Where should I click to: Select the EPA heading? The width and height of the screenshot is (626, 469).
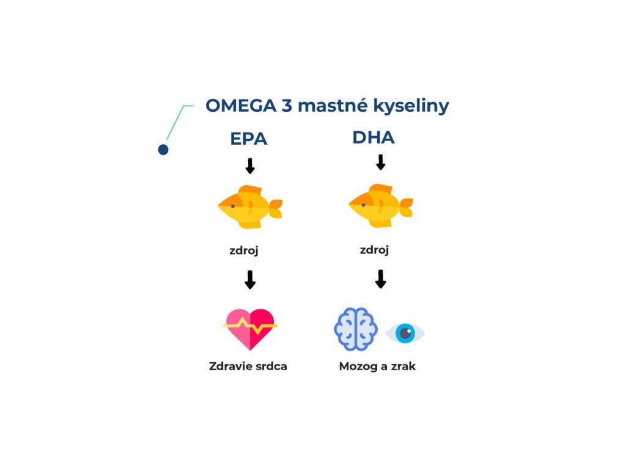coord(249,139)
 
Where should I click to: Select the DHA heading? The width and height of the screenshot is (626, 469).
coord(374,137)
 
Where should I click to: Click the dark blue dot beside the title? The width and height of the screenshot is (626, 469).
coord(163,150)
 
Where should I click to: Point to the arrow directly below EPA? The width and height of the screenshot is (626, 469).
coord(249,165)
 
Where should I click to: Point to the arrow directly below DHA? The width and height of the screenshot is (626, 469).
coord(380,162)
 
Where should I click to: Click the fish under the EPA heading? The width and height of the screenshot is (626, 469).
coord(250,206)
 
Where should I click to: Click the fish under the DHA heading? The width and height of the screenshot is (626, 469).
coord(380,205)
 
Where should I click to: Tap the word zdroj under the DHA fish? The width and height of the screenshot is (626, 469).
coord(375,250)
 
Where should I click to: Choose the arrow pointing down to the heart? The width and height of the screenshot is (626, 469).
coord(249,280)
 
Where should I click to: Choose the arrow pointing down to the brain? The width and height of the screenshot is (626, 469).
coord(380,279)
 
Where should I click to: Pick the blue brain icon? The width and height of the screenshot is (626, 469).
coord(355,329)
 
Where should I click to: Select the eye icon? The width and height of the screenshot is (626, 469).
coord(405,333)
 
